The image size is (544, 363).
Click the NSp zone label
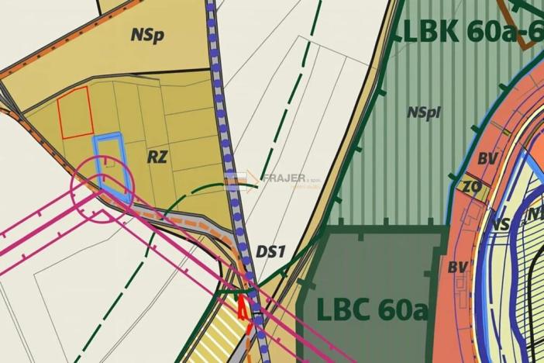(x=147, y=36)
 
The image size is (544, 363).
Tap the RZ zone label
(x=157, y=157)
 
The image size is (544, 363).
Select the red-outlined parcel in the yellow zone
(x=76, y=113)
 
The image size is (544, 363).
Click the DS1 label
(x=271, y=251)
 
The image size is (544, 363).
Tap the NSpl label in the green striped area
(x=423, y=112)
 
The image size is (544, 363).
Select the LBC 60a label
(x=373, y=309)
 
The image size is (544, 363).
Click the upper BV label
(x=487, y=158)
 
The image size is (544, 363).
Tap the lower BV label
(x=458, y=267)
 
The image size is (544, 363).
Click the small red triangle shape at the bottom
(x=243, y=308)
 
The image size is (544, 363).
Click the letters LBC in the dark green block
(x=342, y=309)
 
